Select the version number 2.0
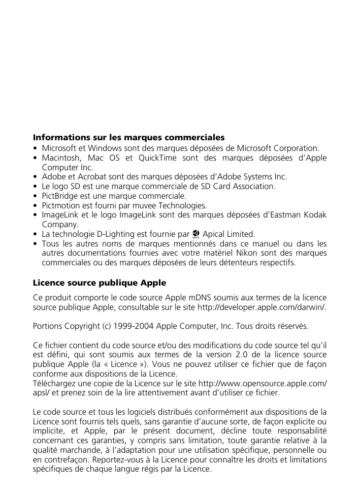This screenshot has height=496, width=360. [x=247, y=354]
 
